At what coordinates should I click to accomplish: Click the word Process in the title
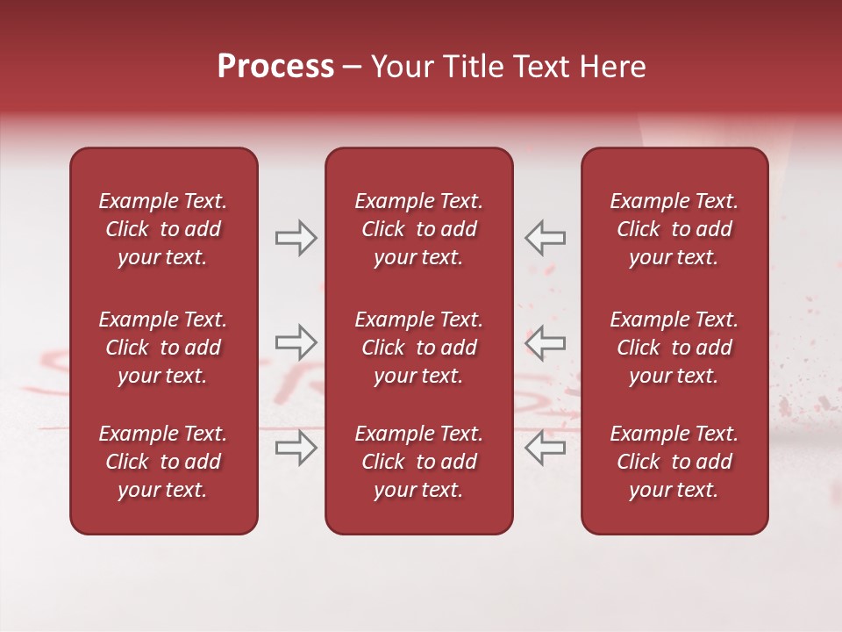(275, 67)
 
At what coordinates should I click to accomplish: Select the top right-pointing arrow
(296, 238)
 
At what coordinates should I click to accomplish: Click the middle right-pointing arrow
(296, 342)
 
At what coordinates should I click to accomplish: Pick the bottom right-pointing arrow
(296, 448)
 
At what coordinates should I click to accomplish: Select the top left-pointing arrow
(545, 238)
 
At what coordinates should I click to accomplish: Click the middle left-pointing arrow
(545, 342)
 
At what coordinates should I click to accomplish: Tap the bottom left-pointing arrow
(545, 448)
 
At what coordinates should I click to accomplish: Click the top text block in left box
(163, 229)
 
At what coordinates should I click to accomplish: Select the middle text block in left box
(163, 348)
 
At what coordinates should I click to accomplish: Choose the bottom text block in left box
(163, 462)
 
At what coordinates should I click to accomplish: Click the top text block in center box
(419, 229)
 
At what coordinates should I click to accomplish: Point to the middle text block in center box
(419, 348)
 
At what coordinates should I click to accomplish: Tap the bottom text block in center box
(419, 462)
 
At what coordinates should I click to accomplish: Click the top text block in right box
(674, 229)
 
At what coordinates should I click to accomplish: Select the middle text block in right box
(674, 348)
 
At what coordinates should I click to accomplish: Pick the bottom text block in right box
(674, 462)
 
